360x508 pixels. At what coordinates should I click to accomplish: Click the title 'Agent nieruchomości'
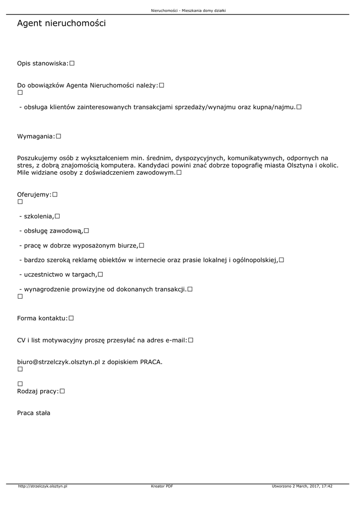click(x=61, y=23)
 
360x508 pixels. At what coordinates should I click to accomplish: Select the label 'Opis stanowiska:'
click(x=43, y=63)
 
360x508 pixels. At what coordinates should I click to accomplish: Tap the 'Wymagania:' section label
click(x=36, y=136)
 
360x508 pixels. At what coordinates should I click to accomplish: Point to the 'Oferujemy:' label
click(x=34, y=195)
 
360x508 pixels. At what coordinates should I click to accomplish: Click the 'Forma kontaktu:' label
click(x=42, y=318)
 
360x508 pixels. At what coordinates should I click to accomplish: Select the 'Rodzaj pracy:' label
click(x=38, y=391)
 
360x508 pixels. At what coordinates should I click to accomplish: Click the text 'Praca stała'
click(x=34, y=413)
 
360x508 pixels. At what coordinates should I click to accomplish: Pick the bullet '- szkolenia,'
click(x=36, y=216)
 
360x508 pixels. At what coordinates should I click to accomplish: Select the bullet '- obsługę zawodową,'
click(x=51, y=231)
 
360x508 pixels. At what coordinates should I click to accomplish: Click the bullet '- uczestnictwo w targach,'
click(x=58, y=274)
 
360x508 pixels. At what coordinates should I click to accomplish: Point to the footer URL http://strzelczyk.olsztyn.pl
click(x=43, y=486)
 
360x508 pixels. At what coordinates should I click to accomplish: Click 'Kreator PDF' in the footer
click(x=162, y=486)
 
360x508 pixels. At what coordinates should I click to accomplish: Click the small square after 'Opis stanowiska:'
click(x=72, y=63)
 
